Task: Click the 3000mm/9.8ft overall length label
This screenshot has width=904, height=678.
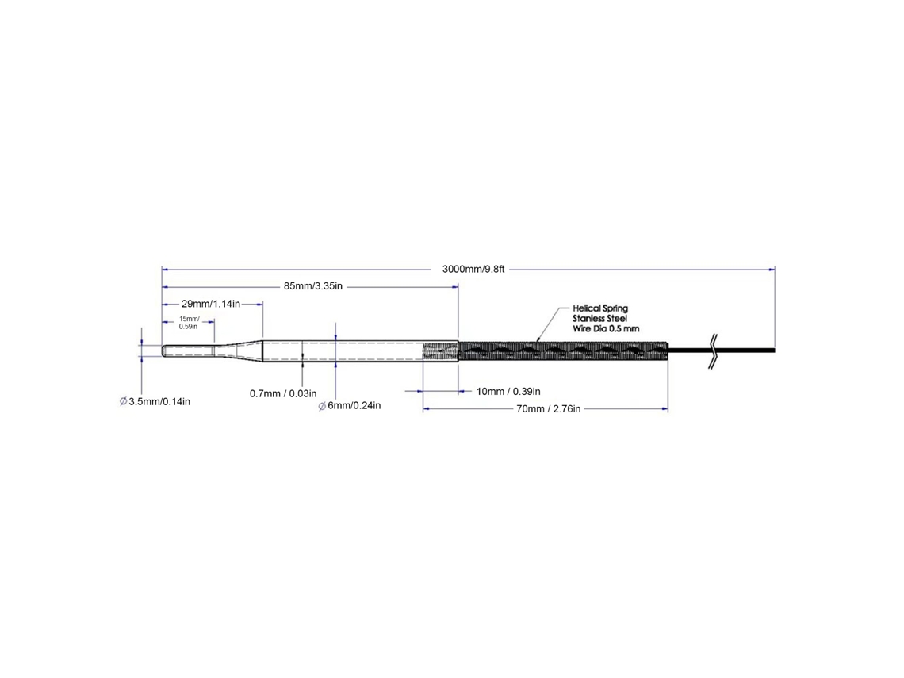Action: pos(473,270)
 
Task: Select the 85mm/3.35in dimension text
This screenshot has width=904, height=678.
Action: pos(313,286)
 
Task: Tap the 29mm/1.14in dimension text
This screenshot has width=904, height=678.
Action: pos(210,304)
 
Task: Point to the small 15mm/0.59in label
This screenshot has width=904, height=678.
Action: pos(189,322)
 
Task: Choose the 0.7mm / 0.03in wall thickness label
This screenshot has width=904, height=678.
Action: pos(283,394)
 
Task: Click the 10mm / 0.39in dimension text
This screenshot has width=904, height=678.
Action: pos(508,392)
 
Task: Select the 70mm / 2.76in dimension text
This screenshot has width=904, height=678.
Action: pos(548,408)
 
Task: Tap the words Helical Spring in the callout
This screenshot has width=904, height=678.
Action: pos(600,308)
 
